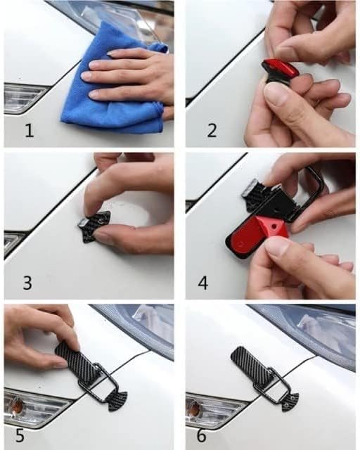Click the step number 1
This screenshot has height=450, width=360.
pos(30,131)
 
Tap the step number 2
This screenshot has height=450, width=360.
pos(212,131)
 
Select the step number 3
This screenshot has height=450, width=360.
pos(27,283)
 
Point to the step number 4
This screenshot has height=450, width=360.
pos(203,283)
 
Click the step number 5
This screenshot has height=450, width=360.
pos(20,436)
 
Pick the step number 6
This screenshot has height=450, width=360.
pos(202,436)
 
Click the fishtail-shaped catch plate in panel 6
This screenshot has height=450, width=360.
pos(290,399)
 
